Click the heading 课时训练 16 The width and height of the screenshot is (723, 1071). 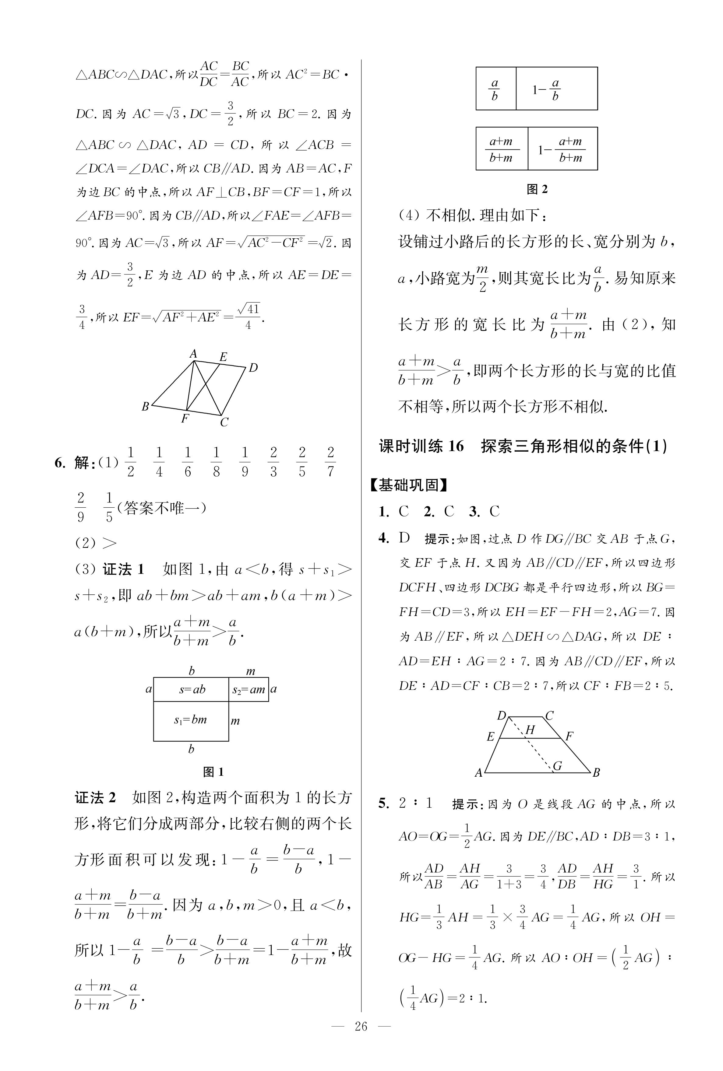pos(421,446)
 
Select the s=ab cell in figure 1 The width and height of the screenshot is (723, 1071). pos(191,690)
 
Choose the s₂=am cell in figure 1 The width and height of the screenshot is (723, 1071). pos(249,690)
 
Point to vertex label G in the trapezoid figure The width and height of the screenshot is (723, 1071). pos(557,766)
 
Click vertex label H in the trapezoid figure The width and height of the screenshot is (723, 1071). pos(530,730)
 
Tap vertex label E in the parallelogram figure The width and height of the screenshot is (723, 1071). pos(223,356)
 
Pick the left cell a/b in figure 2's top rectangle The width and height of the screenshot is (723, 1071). pos(495,89)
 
